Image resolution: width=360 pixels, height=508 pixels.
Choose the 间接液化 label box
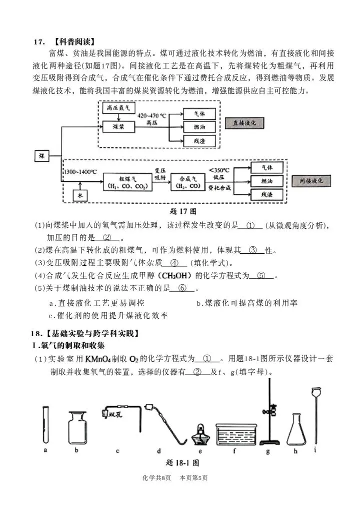(x=307, y=180)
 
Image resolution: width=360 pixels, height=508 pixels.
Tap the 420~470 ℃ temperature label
(x=152, y=115)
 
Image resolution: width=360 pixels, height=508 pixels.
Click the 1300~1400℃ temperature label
(x=79, y=171)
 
